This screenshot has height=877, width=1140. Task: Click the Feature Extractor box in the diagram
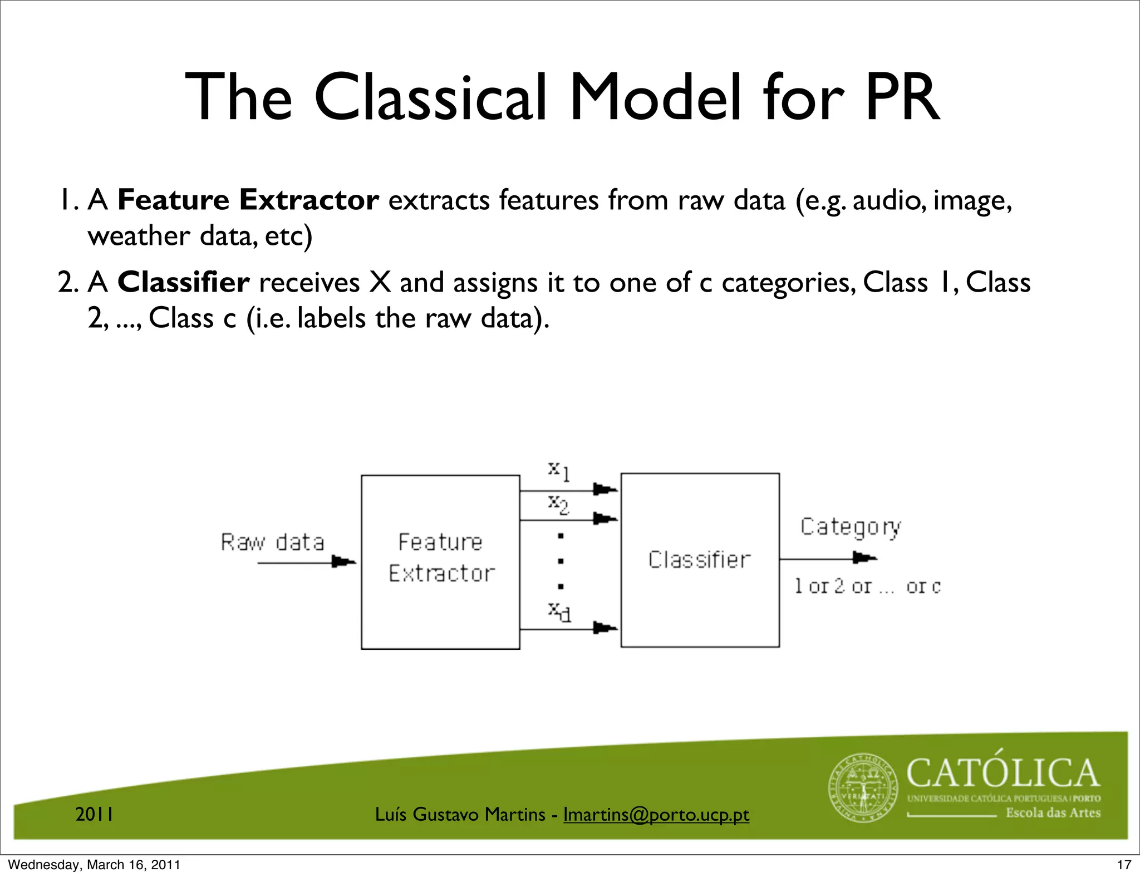(x=440, y=561)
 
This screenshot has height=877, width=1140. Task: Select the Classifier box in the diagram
(x=700, y=560)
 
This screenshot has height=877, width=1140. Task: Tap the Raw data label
(x=272, y=542)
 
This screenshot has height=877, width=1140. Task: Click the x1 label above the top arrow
(x=558, y=470)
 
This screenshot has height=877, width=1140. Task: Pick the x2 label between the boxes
(x=558, y=504)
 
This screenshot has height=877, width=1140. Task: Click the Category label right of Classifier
(x=851, y=527)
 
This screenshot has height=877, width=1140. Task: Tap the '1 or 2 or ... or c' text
(x=867, y=586)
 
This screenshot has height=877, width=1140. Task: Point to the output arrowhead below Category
(x=864, y=558)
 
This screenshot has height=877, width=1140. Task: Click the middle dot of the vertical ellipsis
(x=561, y=561)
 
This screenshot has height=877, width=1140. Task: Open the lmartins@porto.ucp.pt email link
(x=656, y=815)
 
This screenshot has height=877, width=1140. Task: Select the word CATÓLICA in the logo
(x=1003, y=773)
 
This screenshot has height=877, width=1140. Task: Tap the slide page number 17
(x=1124, y=865)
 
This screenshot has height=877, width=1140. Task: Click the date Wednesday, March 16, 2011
(x=94, y=865)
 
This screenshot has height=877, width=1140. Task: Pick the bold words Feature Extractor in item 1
(x=248, y=200)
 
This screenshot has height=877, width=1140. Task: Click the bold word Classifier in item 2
(x=183, y=283)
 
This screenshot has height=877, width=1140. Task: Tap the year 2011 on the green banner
(x=95, y=815)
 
